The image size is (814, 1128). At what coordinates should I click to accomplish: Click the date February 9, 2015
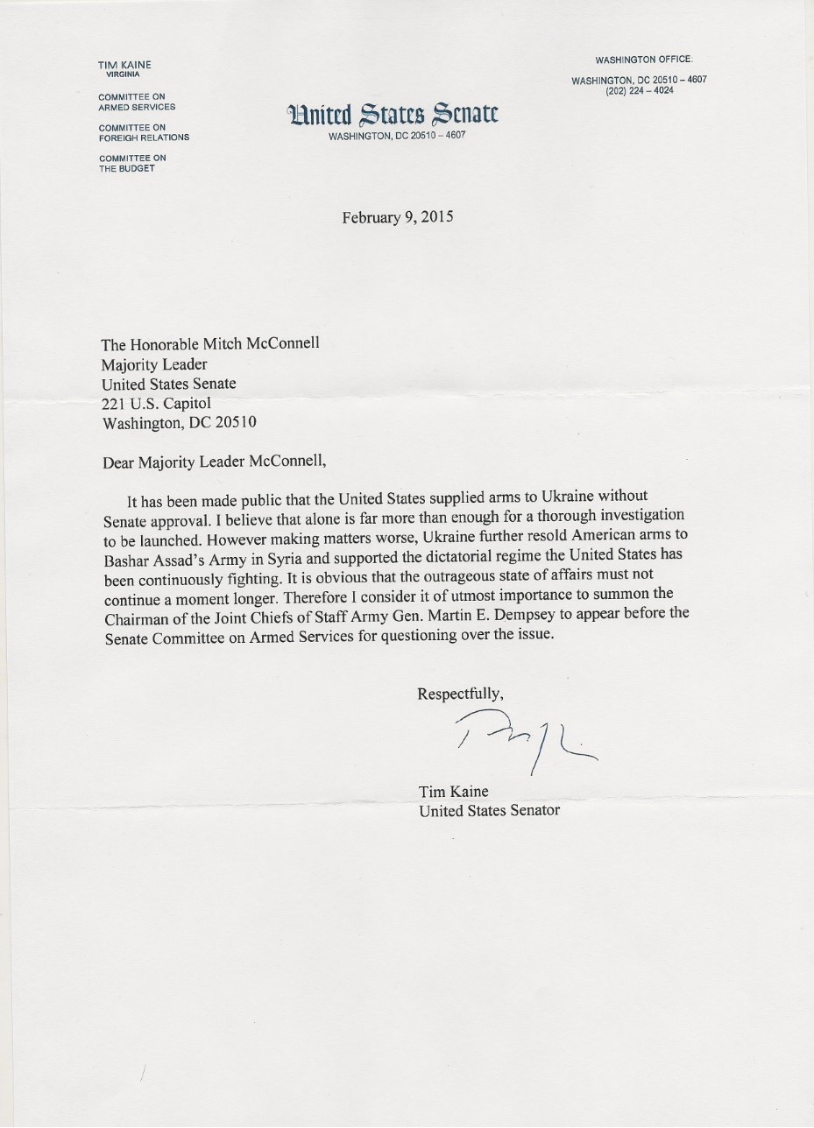398,217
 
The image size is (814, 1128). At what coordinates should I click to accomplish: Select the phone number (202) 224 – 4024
640,90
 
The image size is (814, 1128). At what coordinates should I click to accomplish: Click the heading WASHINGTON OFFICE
644,60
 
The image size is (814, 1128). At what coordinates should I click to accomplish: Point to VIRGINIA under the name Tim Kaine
124,74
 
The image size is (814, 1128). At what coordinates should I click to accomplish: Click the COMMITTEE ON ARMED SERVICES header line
137,102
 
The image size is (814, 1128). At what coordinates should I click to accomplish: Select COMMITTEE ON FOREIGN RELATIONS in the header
144,132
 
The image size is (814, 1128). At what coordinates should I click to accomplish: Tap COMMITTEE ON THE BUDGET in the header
132,163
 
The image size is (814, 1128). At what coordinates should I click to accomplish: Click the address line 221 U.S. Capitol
157,403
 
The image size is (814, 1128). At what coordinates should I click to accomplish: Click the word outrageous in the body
422,580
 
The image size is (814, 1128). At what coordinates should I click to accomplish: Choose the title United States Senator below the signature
489,811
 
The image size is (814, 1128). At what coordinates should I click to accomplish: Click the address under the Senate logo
397,137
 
